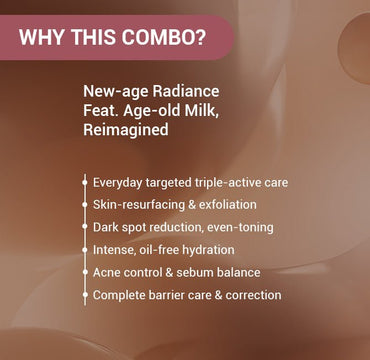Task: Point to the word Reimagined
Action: tap(127, 131)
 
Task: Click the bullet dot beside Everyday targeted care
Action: tap(84, 183)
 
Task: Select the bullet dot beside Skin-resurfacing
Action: tap(84, 205)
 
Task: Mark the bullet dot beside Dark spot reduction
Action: tap(84, 228)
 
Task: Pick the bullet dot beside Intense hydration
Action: tap(84, 250)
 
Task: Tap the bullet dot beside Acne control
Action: tap(84, 273)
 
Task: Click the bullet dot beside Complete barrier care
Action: tap(84, 295)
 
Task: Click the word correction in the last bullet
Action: tap(250, 295)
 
